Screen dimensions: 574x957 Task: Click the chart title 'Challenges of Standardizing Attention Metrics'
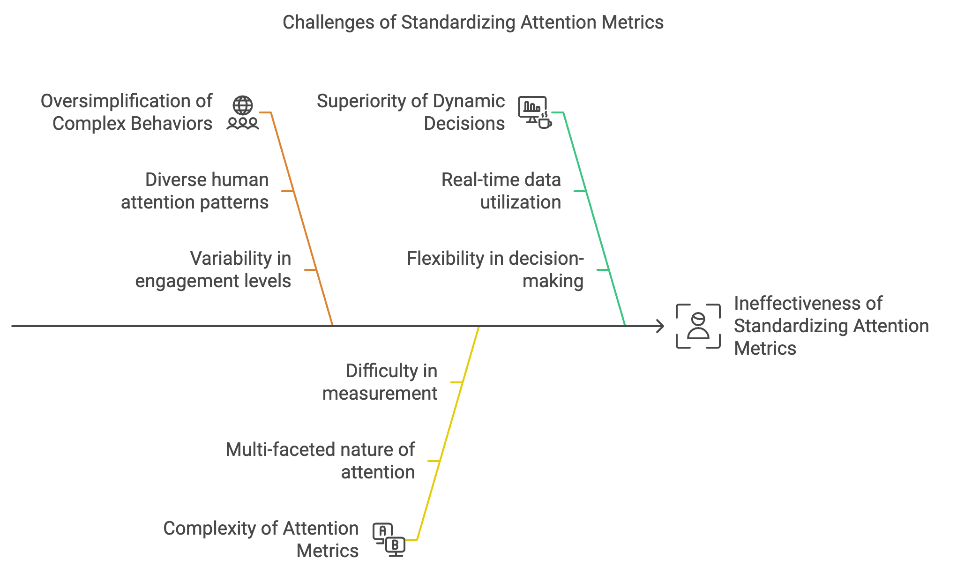point(473,22)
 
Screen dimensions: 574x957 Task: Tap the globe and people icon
point(243,113)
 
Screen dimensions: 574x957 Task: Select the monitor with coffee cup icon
point(535,112)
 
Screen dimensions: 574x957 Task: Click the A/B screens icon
point(389,540)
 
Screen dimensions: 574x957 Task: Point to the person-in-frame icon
point(698,326)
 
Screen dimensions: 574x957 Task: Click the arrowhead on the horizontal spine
point(660,326)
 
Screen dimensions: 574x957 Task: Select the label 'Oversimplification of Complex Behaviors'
point(127,112)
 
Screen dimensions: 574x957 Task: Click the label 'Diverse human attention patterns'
point(195,191)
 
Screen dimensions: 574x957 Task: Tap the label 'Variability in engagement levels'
point(214,270)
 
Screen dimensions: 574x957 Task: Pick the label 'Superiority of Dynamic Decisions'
point(411,112)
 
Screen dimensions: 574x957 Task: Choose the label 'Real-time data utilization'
point(501,191)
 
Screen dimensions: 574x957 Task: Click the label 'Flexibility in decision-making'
point(495,270)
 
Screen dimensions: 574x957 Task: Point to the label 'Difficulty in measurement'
point(380,382)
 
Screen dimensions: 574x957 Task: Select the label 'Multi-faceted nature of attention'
point(321,461)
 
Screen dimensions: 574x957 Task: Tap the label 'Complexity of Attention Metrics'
point(261,540)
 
